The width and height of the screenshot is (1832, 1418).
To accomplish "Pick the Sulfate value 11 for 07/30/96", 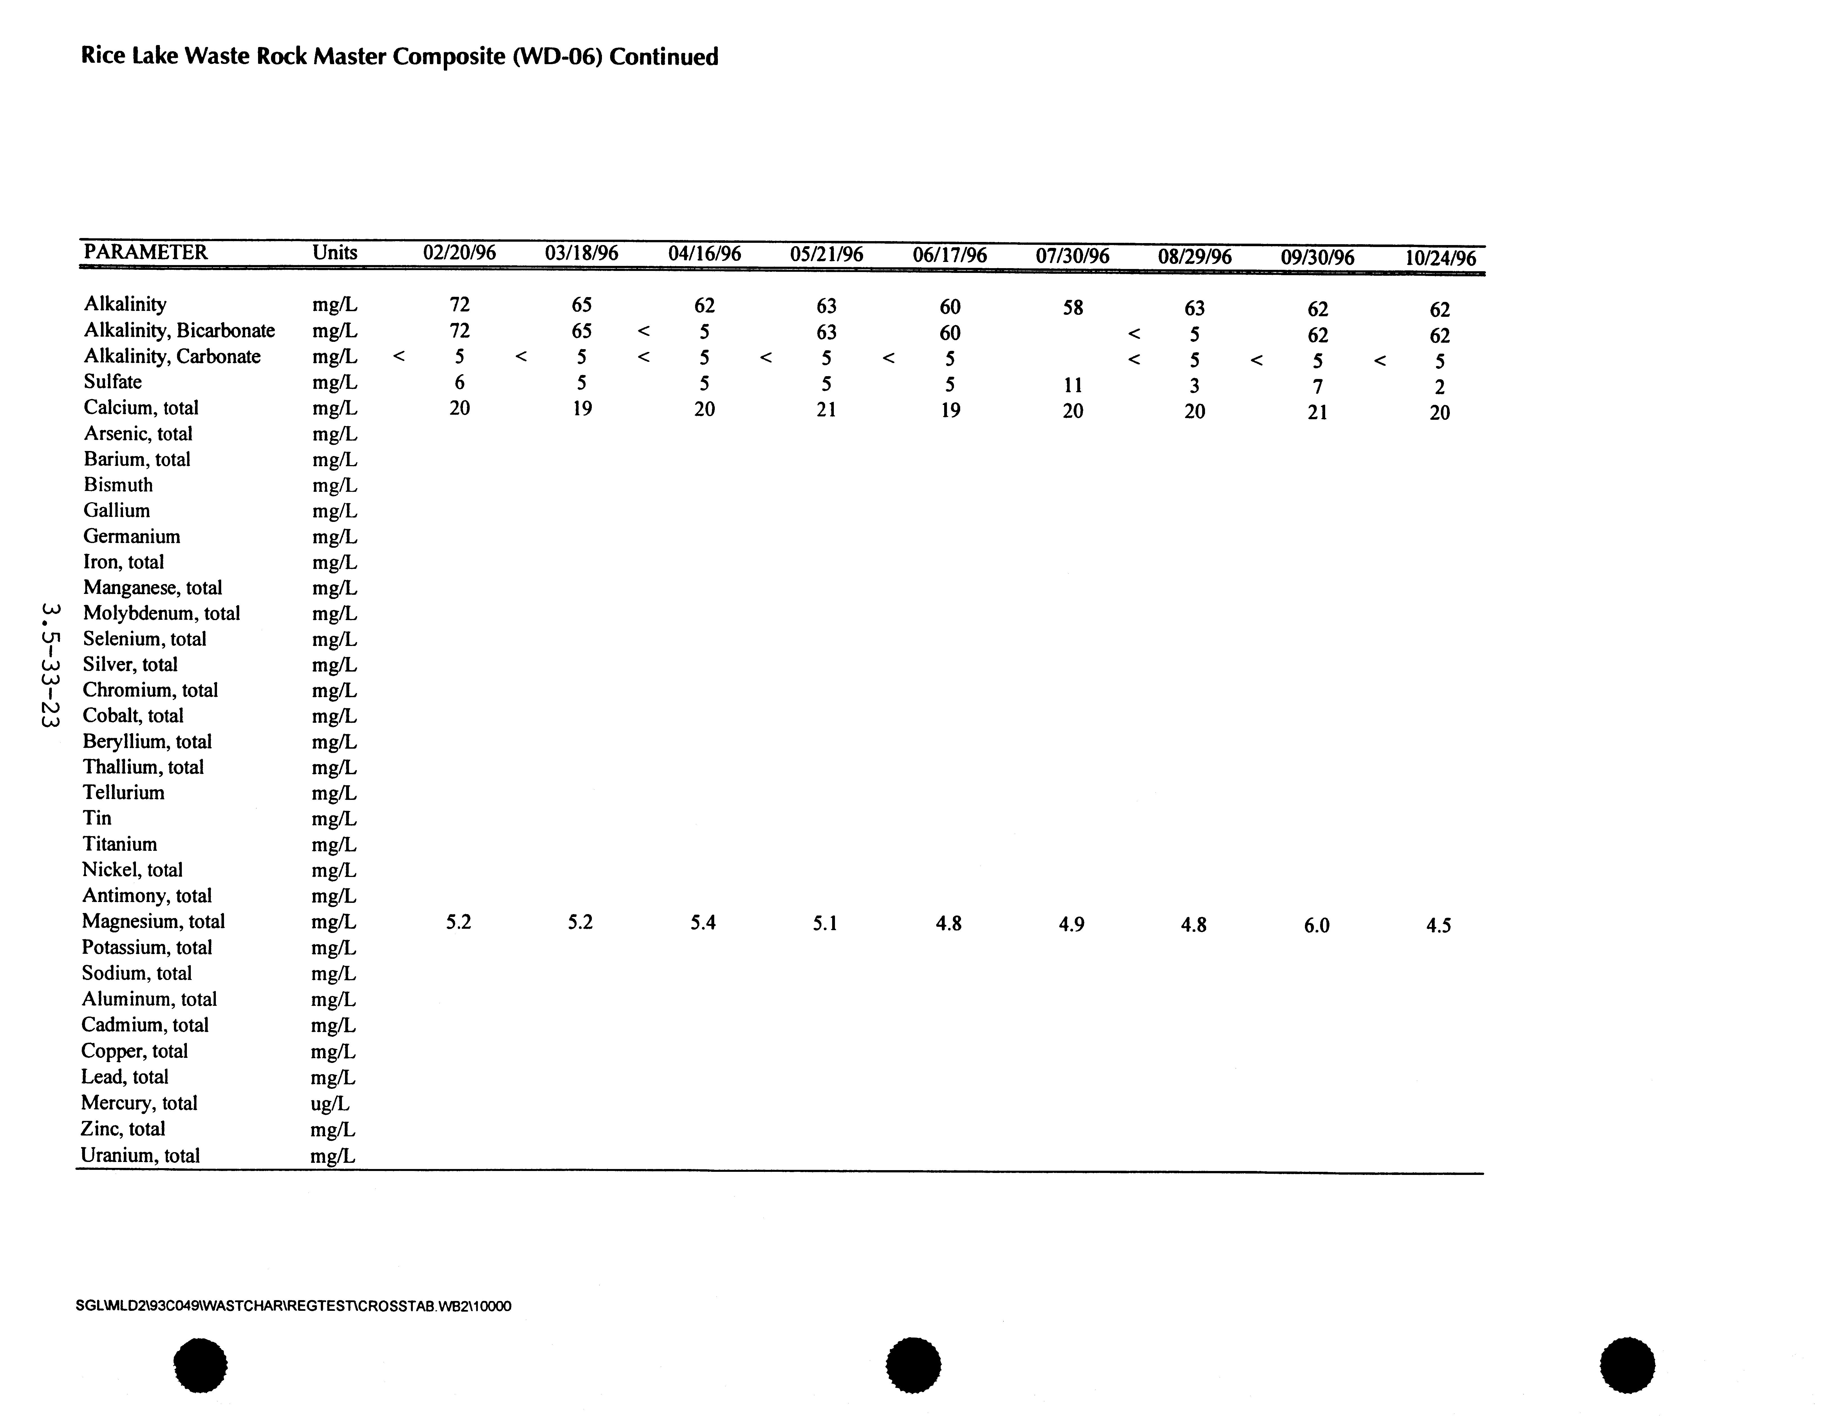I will coord(1073,385).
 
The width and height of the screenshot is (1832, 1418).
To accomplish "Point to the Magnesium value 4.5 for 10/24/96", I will coord(1439,926).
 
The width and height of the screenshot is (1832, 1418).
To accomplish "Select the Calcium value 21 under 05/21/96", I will coord(826,409).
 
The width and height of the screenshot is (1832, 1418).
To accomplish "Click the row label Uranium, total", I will coord(140,1156).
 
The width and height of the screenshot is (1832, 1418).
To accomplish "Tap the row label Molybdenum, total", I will coord(161,613).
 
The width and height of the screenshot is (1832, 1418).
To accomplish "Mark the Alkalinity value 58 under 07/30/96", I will coord(1073,308).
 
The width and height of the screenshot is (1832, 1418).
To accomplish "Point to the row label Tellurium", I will coord(123,793).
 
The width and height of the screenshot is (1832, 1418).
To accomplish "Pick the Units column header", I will coord(335,252).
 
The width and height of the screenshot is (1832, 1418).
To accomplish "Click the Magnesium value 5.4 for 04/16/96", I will coord(703,923).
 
